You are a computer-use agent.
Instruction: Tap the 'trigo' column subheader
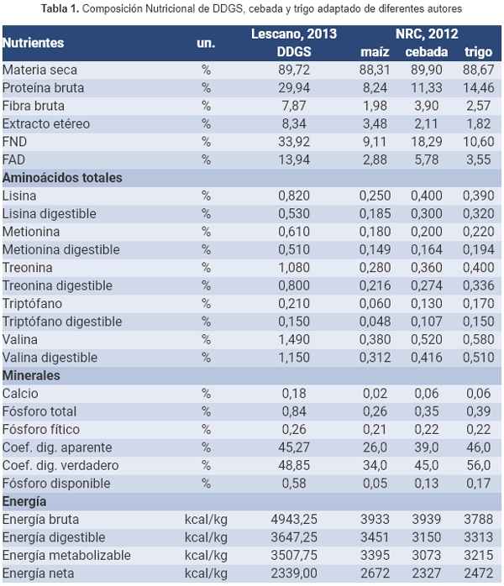point(479,51)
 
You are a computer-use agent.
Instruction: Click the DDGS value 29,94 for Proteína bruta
point(295,88)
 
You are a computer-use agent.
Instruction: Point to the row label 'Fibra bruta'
point(34,106)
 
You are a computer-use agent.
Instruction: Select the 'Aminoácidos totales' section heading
point(63,178)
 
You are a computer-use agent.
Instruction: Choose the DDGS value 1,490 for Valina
point(295,340)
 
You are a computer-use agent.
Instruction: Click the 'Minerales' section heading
point(31,375)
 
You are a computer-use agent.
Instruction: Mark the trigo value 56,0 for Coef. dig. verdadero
point(479,465)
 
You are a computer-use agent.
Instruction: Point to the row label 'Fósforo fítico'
point(40,430)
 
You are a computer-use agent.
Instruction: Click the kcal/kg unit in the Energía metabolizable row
point(206,556)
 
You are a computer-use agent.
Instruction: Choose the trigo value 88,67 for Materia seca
point(479,71)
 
